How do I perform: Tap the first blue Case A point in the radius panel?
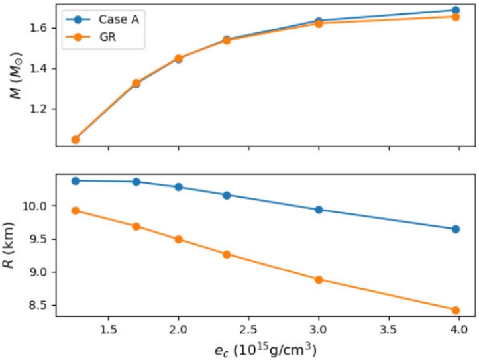[76, 180]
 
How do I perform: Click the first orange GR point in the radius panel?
[76, 211]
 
